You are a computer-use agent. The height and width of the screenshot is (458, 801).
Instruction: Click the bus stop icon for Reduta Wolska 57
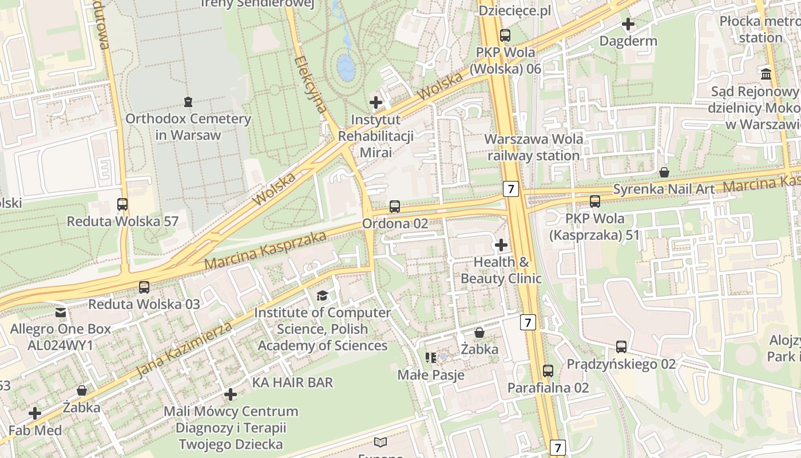pyautogui.click(x=122, y=204)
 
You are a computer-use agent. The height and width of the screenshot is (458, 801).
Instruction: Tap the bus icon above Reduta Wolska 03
pyautogui.click(x=144, y=287)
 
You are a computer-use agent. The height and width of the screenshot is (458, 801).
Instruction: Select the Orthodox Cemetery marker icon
pyautogui.click(x=188, y=102)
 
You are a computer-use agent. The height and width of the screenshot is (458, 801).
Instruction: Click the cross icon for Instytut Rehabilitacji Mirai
pyautogui.click(x=376, y=102)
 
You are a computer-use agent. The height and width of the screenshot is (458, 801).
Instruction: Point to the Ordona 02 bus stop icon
pyautogui.click(x=395, y=207)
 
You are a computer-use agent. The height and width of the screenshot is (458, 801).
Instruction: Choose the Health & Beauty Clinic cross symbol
pyautogui.click(x=501, y=246)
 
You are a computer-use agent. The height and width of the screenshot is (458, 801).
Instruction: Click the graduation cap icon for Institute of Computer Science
pyautogui.click(x=323, y=295)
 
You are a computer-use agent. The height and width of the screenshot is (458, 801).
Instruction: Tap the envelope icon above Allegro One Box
pyautogui.click(x=61, y=313)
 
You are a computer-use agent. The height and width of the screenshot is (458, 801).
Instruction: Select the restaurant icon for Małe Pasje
pyautogui.click(x=431, y=358)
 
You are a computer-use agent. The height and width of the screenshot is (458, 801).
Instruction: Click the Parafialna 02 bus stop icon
pyautogui.click(x=548, y=371)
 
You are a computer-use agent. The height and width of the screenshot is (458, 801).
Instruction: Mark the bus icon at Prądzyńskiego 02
pyautogui.click(x=621, y=347)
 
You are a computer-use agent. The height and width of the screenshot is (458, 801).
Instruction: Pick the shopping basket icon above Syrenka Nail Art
pyautogui.click(x=664, y=172)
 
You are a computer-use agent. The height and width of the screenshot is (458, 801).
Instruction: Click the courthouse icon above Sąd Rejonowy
pyautogui.click(x=766, y=74)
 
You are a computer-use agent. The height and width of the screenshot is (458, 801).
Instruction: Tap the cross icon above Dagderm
pyautogui.click(x=628, y=25)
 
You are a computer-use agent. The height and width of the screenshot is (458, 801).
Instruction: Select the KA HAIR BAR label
pyautogui.click(x=292, y=382)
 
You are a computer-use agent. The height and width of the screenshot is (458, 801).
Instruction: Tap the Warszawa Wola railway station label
pyautogui.click(x=533, y=147)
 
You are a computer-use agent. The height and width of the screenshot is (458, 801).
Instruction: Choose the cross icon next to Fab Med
pyautogui.click(x=35, y=413)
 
